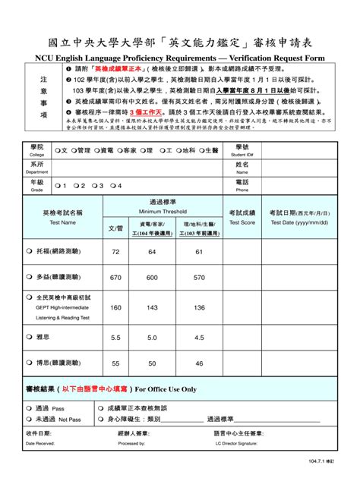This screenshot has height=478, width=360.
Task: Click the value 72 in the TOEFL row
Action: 115,251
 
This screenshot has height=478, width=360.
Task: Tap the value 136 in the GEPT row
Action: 198,307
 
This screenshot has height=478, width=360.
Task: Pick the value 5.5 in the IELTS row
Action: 115,337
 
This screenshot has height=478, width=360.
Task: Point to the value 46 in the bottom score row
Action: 198,363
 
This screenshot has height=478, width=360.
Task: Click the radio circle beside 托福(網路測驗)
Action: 30,251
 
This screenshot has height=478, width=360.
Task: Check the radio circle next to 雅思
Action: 30,337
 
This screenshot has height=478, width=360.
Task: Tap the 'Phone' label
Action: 242,190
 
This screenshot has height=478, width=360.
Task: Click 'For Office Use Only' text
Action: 165,389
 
